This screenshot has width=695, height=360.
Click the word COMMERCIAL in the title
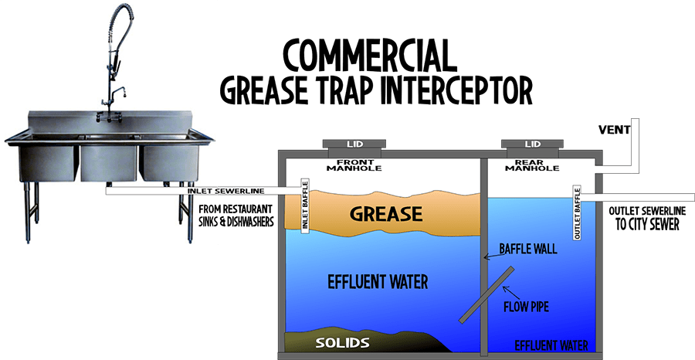point(370,56)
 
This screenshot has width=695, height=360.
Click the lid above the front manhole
point(354,144)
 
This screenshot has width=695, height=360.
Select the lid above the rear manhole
point(532,144)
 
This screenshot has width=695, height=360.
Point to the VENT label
point(614,130)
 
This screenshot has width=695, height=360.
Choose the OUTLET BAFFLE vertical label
point(577,214)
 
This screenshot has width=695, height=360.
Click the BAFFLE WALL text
point(528,248)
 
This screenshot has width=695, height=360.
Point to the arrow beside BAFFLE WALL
point(491,256)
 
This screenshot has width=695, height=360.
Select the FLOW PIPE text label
point(526,307)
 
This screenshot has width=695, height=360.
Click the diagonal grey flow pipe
point(486,295)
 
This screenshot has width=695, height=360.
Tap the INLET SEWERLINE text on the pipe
point(226,191)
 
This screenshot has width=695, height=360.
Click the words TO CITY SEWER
point(647,224)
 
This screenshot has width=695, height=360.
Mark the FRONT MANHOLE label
point(354,165)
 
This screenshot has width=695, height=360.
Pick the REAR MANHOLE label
point(532,165)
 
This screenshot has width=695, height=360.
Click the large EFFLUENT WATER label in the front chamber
point(378,282)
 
